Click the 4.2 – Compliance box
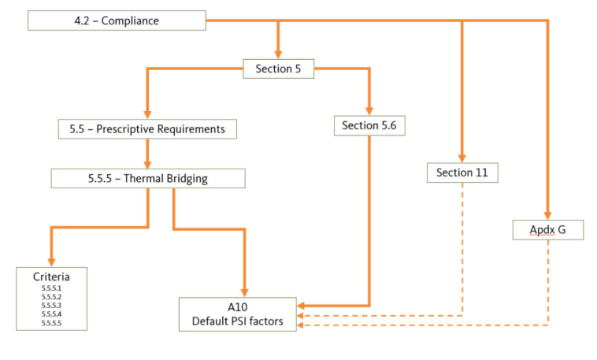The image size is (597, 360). (x=117, y=20)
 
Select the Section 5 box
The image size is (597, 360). (x=278, y=69)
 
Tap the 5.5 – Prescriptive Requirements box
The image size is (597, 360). (x=147, y=128)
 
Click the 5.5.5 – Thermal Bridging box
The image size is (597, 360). (x=147, y=178)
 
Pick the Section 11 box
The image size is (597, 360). (x=462, y=173)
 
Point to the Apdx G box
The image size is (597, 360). (x=547, y=229)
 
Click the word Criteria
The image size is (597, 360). (x=51, y=277)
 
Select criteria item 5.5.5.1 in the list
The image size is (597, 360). (x=51, y=289)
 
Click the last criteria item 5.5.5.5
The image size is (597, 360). (x=51, y=323)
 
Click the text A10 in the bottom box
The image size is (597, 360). (x=237, y=308)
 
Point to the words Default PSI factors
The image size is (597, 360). (x=237, y=321)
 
